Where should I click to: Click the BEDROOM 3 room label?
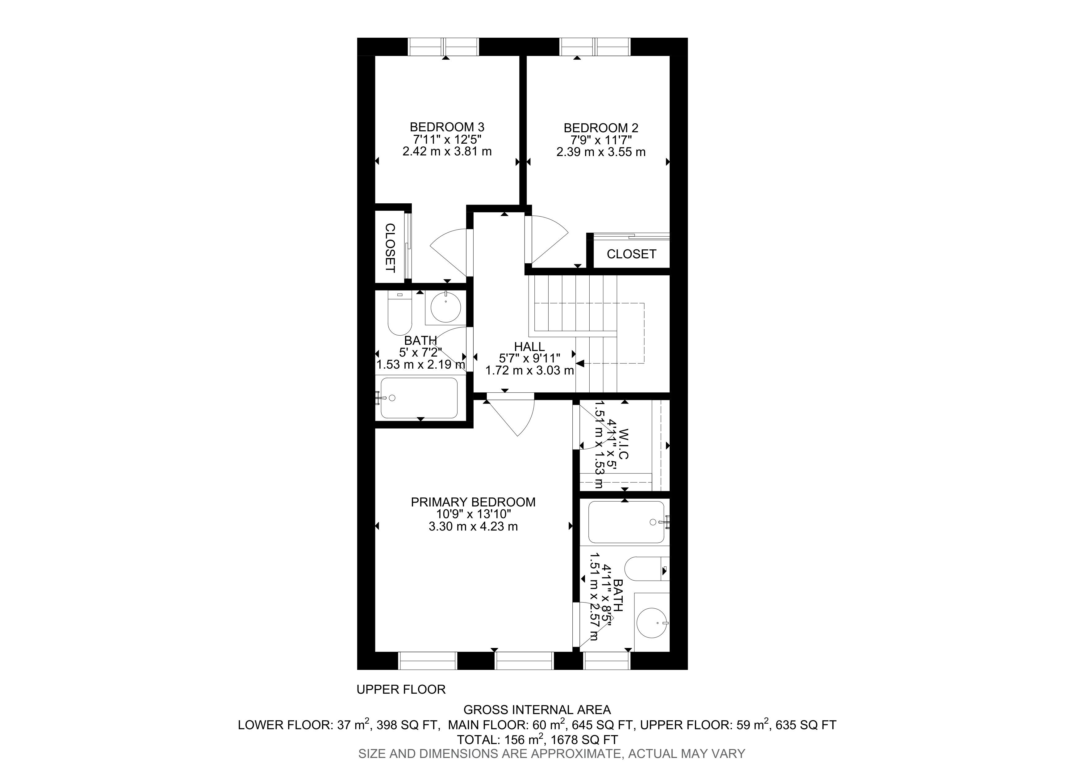(x=447, y=127)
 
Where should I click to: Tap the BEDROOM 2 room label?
(x=601, y=128)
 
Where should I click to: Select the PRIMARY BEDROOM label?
(x=473, y=502)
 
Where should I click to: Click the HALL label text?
(x=530, y=347)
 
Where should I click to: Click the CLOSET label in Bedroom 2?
(x=631, y=254)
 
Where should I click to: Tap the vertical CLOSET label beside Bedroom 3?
(x=390, y=248)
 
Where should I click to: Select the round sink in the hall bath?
(x=446, y=307)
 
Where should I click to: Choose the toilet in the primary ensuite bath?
(x=647, y=569)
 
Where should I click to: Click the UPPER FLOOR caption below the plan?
(x=401, y=690)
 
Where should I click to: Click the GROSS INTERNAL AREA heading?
(x=537, y=710)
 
